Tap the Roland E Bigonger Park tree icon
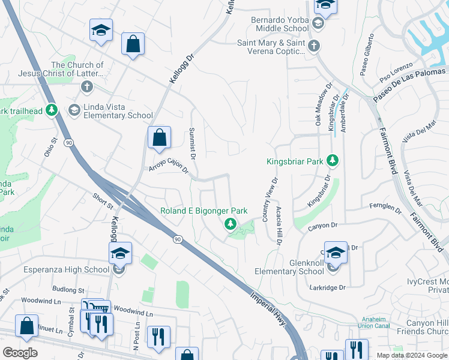click(229, 224)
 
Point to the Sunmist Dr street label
click(193, 143)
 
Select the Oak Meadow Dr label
click(319, 109)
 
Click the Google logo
click(20, 352)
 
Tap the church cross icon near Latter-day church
click(86, 86)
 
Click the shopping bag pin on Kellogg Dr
click(159, 137)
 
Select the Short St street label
click(103, 200)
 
